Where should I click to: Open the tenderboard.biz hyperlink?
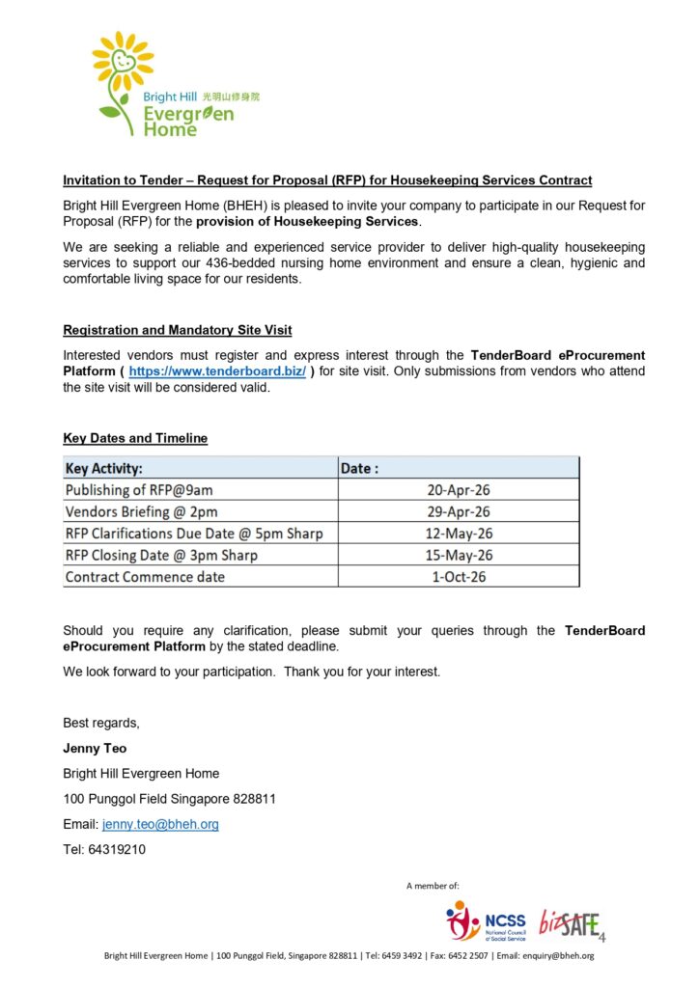click(216, 371)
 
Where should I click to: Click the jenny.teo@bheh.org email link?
click(160, 825)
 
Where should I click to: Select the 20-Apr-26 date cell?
click(459, 490)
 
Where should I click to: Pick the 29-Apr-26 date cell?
click(459, 511)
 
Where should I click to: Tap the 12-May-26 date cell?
click(459, 534)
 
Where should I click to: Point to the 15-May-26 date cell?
click(459, 555)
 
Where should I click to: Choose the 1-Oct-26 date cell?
click(459, 577)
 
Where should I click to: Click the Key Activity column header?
click(104, 468)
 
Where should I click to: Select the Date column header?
click(359, 468)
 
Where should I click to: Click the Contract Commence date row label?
click(145, 577)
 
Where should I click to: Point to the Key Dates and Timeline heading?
click(135, 438)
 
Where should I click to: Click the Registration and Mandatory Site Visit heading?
click(178, 329)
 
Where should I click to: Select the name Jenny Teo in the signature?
click(95, 748)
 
